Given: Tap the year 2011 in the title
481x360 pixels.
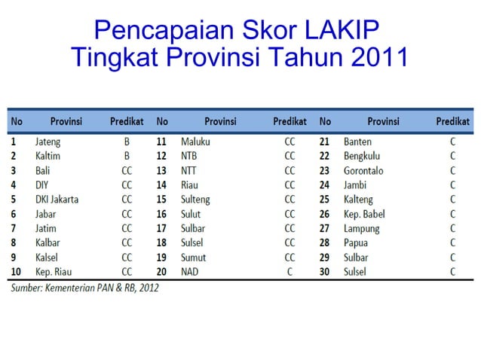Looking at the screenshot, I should pos(374,57).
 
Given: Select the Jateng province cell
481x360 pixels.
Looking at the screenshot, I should pos(47,142).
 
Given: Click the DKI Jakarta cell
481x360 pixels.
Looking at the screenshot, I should pos(57,200).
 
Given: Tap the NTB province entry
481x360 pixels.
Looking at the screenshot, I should pos(190,156).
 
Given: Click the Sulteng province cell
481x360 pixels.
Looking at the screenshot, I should pos(195,200).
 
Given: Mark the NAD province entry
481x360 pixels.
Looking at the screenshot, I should pos(190,272).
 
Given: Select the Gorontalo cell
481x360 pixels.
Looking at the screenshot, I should pos(363,170).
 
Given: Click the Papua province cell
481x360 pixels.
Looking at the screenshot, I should pos(357,243).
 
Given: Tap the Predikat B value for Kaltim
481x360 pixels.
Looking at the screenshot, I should pos(127,156).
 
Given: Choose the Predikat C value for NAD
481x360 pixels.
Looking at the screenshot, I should pos(290,272).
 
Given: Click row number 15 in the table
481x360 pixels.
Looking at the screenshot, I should pos(161,200).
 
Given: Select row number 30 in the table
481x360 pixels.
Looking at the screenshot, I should pos(325,272).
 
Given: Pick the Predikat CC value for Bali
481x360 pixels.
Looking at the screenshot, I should pos(127,170).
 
